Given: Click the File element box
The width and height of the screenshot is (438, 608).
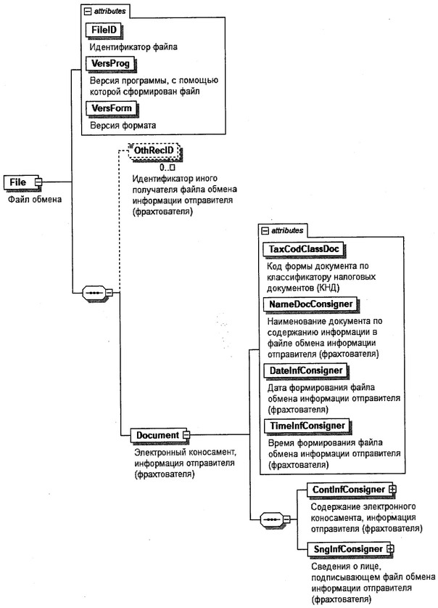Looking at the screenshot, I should [x=20, y=181].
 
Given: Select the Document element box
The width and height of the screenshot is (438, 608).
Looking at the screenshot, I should [x=156, y=434].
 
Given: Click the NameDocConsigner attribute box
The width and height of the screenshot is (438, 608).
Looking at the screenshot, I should [x=310, y=301].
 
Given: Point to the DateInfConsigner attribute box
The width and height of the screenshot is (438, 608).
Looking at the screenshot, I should [x=305, y=370].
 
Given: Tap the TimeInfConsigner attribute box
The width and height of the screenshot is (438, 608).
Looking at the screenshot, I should [x=305, y=424].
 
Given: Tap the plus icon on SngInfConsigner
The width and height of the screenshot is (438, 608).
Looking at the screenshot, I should [x=389, y=548].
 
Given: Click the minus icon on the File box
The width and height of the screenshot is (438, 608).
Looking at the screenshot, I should [x=38, y=181].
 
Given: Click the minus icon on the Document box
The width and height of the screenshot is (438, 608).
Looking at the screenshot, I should [x=186, y=434].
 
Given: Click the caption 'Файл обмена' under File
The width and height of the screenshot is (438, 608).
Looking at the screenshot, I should [x=30, y=198].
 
